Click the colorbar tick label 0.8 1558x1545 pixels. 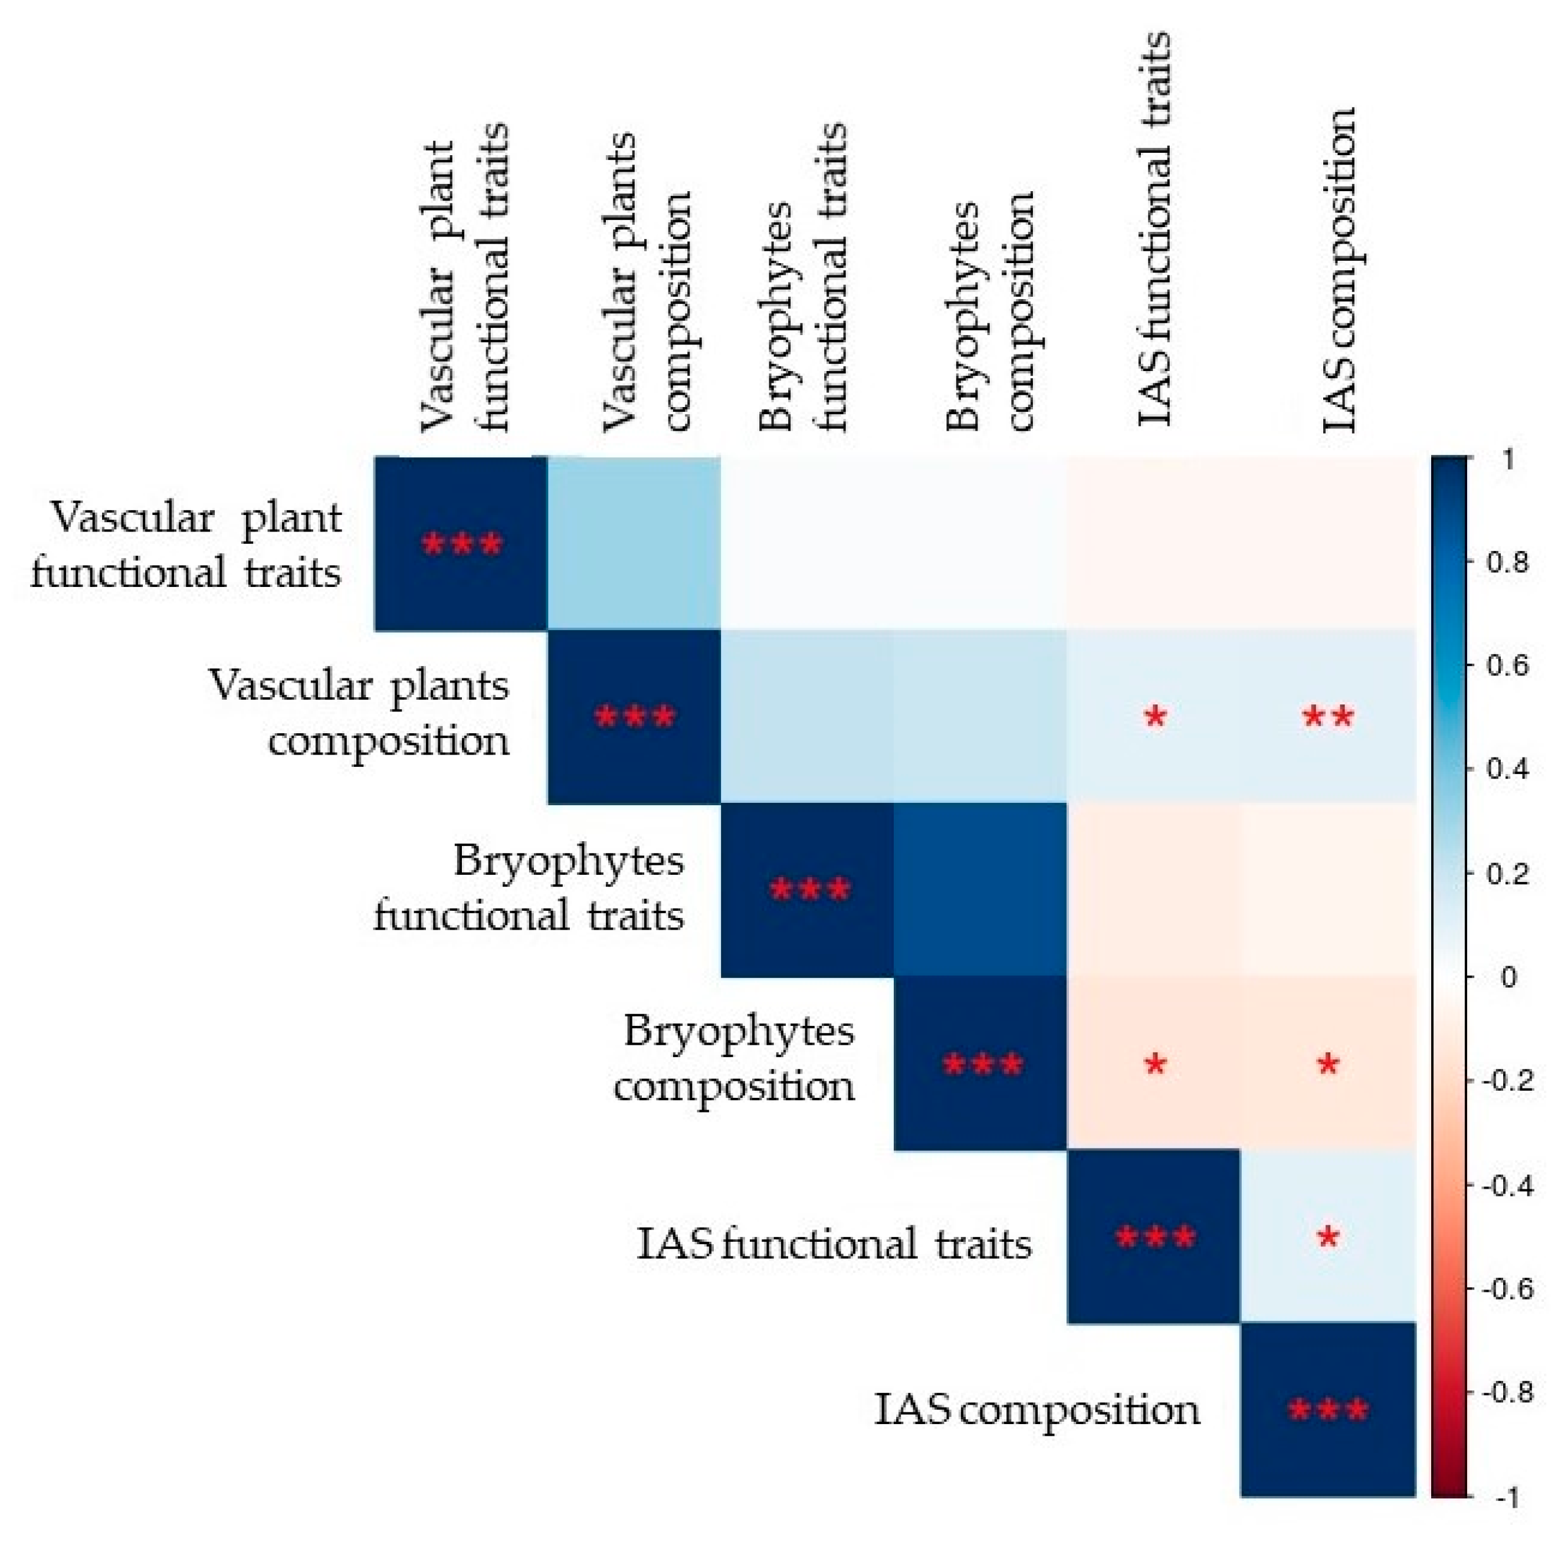pyautogui.click(x=1507, y=562)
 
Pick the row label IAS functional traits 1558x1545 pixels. pyautogui.click(x=834, y=1242)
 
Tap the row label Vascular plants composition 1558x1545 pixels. pyautogui.click(x=360, y=713)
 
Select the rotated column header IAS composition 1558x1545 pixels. pyautogui.click(x=1339, y=270)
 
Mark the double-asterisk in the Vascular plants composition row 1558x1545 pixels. pyautogui.click(x=1328, y=716)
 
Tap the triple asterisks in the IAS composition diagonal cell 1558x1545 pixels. pyautogui.click(x=1328, y=1411)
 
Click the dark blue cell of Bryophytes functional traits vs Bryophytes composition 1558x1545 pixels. pyautogui.click(x=980, y=890)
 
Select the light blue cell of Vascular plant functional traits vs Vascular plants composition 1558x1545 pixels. pyautogui.click(x=634, y=543)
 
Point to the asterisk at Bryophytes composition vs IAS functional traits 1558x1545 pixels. pyautogui.click(x=1155, y=1064)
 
